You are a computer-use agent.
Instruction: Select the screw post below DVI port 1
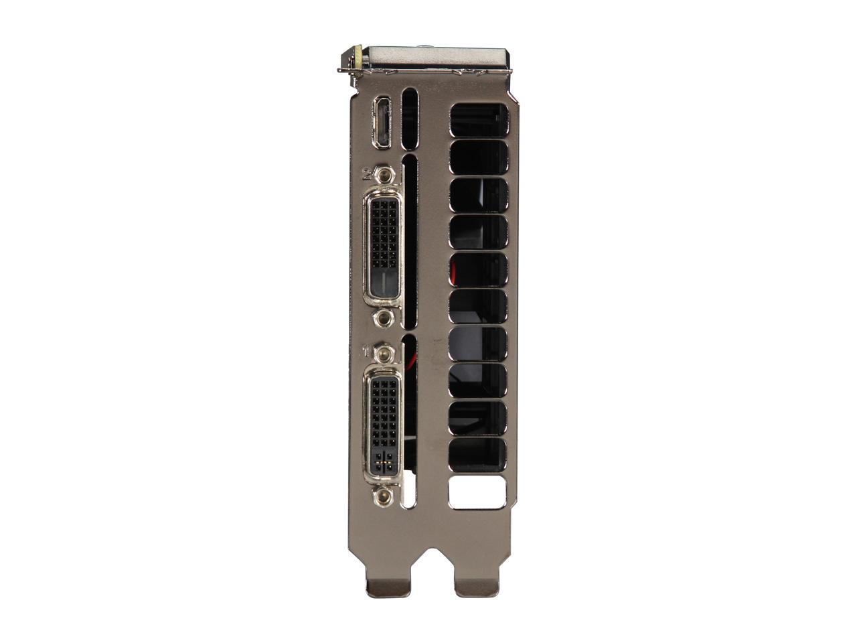tap(384, 496)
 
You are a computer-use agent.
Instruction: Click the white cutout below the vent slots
tap(479, 493)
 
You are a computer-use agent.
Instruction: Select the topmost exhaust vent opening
tap(479, 120)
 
